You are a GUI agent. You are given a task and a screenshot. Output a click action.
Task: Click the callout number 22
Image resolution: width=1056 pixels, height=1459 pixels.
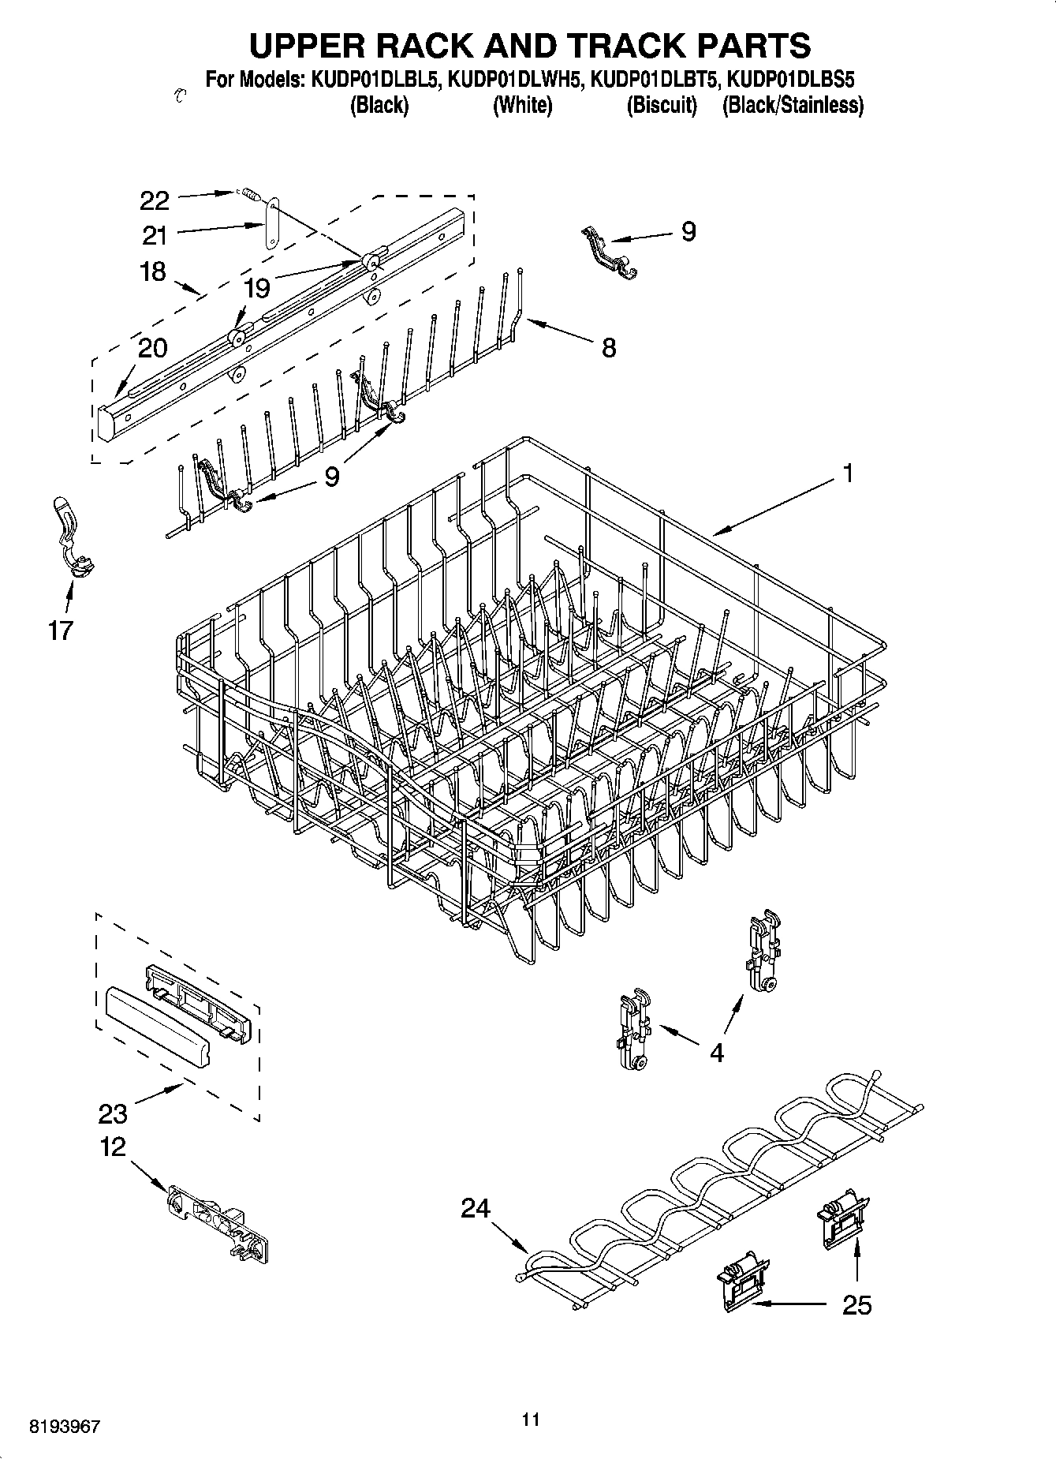pos(155,200)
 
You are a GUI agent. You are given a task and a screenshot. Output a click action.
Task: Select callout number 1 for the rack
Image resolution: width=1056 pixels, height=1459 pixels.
pos(848,474)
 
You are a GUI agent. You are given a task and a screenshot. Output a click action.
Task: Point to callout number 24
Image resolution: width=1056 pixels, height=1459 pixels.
pos(476,1208)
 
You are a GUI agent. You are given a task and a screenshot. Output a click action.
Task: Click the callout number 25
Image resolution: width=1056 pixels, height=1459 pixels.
pos(856,1305)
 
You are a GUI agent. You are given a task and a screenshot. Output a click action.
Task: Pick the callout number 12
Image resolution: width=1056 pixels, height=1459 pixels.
pos(113,1147)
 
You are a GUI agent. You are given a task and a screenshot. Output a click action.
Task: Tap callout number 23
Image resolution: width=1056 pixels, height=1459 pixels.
pos(113,1113)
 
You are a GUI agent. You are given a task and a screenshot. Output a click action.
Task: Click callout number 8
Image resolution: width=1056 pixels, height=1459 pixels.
pos(609,348)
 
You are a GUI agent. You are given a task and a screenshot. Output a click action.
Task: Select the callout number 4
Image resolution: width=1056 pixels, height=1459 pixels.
pos(716,1053)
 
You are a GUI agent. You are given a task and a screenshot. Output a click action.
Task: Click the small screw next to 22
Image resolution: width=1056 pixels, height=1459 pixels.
pos(250,193)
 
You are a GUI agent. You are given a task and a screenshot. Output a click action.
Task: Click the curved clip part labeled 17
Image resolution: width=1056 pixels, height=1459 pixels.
pos(71,537)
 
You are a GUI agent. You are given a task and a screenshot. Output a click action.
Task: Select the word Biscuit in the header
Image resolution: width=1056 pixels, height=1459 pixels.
pos(662,106)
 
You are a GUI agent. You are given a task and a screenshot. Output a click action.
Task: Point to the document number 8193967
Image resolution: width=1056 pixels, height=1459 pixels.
pos(65,1427)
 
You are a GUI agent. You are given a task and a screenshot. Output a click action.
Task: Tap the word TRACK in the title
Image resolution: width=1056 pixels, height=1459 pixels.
pos(613,46)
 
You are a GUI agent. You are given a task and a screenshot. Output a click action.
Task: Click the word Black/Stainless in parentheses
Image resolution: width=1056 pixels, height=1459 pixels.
pos(793,106)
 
